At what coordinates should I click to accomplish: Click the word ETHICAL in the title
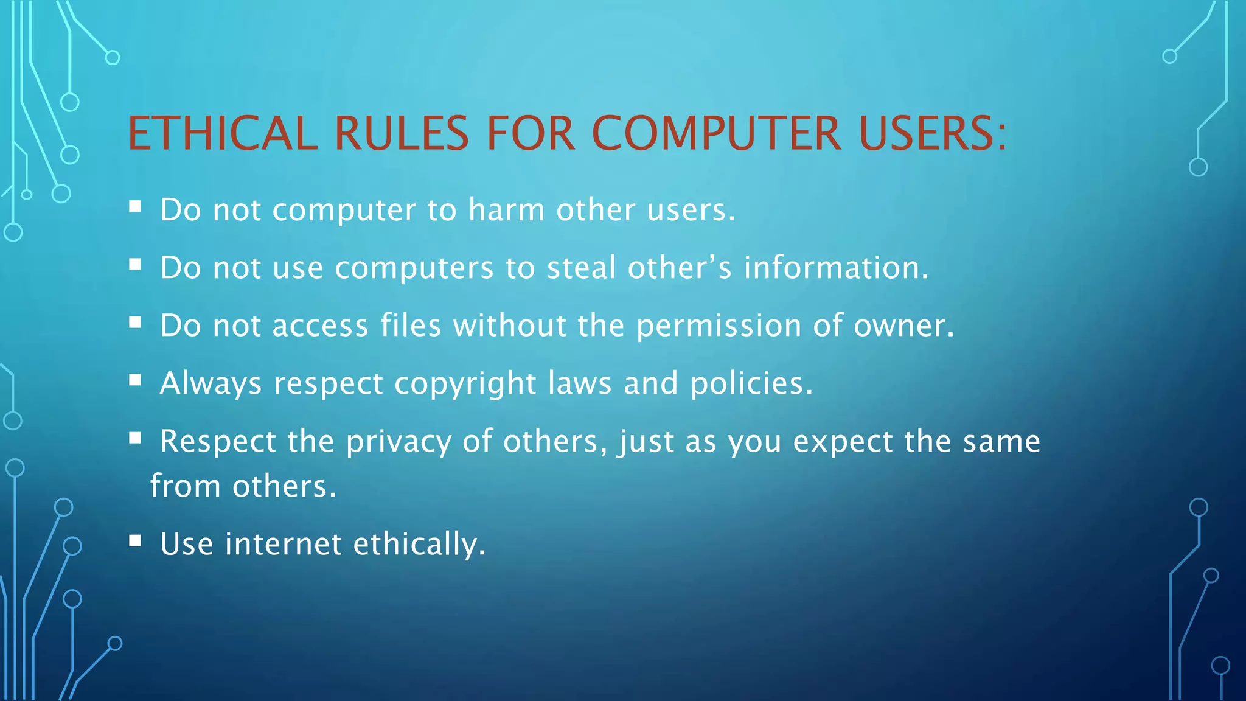(x=223, y=133)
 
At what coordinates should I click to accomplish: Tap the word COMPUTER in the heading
(x=716, y=133)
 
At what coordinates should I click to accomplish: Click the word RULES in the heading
(x=402, y=133)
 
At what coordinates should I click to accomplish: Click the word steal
(x=581, y=268)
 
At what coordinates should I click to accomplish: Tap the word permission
(x=719, y=326)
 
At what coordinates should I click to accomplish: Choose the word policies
(x=751, y=384)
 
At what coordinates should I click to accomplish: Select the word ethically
(x=419, y=544)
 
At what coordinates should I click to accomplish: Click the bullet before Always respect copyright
(x=135, y=380)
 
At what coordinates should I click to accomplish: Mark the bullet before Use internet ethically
(x=135, y=540)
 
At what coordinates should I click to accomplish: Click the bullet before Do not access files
(x=135, y=322)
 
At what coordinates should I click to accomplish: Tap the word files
(x=411, y=326)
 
